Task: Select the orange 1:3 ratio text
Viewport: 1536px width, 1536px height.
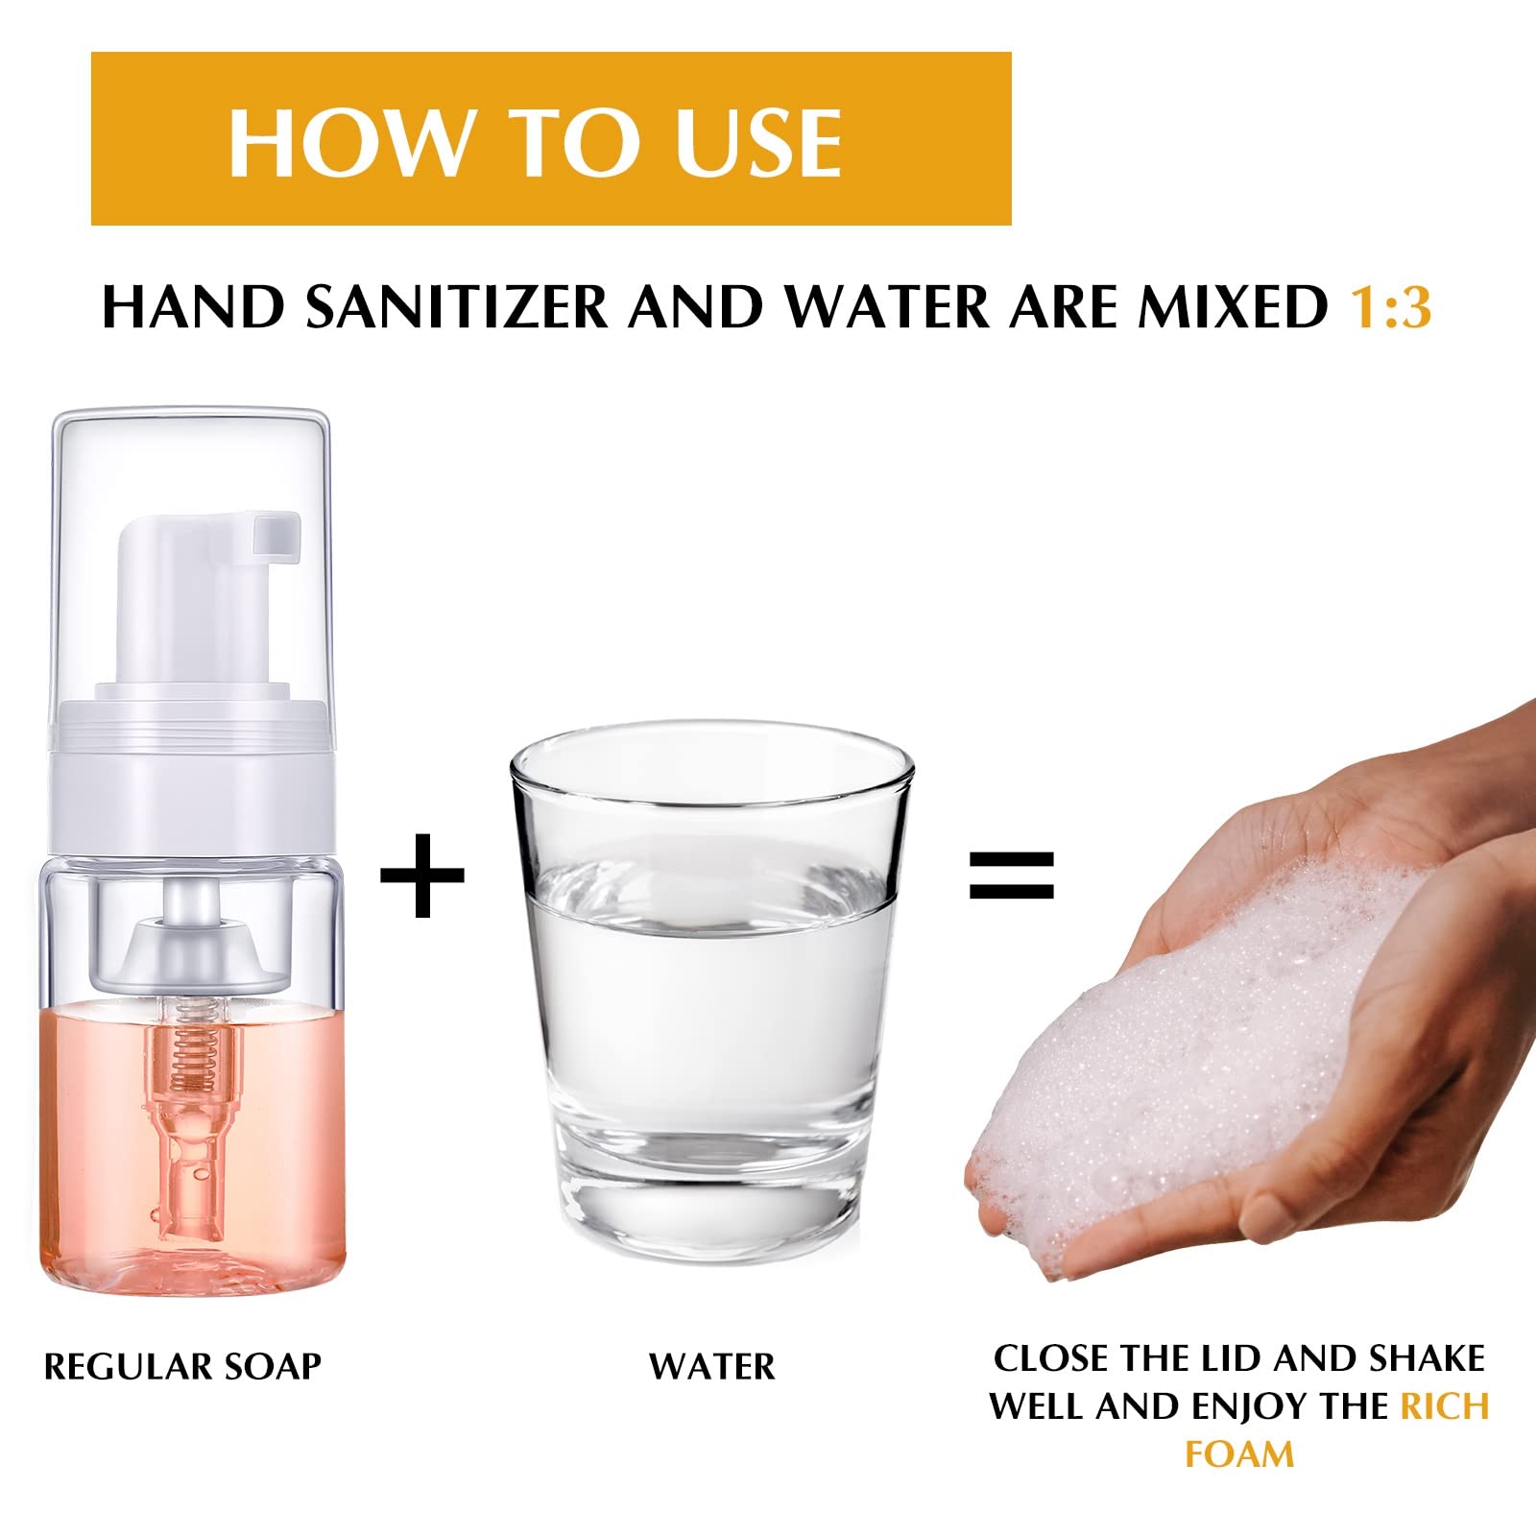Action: (1391, 307)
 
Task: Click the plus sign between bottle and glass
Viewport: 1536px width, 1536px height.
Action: (422, 875)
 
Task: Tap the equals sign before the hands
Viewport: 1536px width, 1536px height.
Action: (1012, 875)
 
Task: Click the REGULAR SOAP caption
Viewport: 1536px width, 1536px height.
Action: (182, 1367)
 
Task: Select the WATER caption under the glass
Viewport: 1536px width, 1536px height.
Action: (712, 1367)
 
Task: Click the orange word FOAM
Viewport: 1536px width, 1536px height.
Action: (1239, 1454)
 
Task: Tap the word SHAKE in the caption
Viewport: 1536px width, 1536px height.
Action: (1427, 1359)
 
